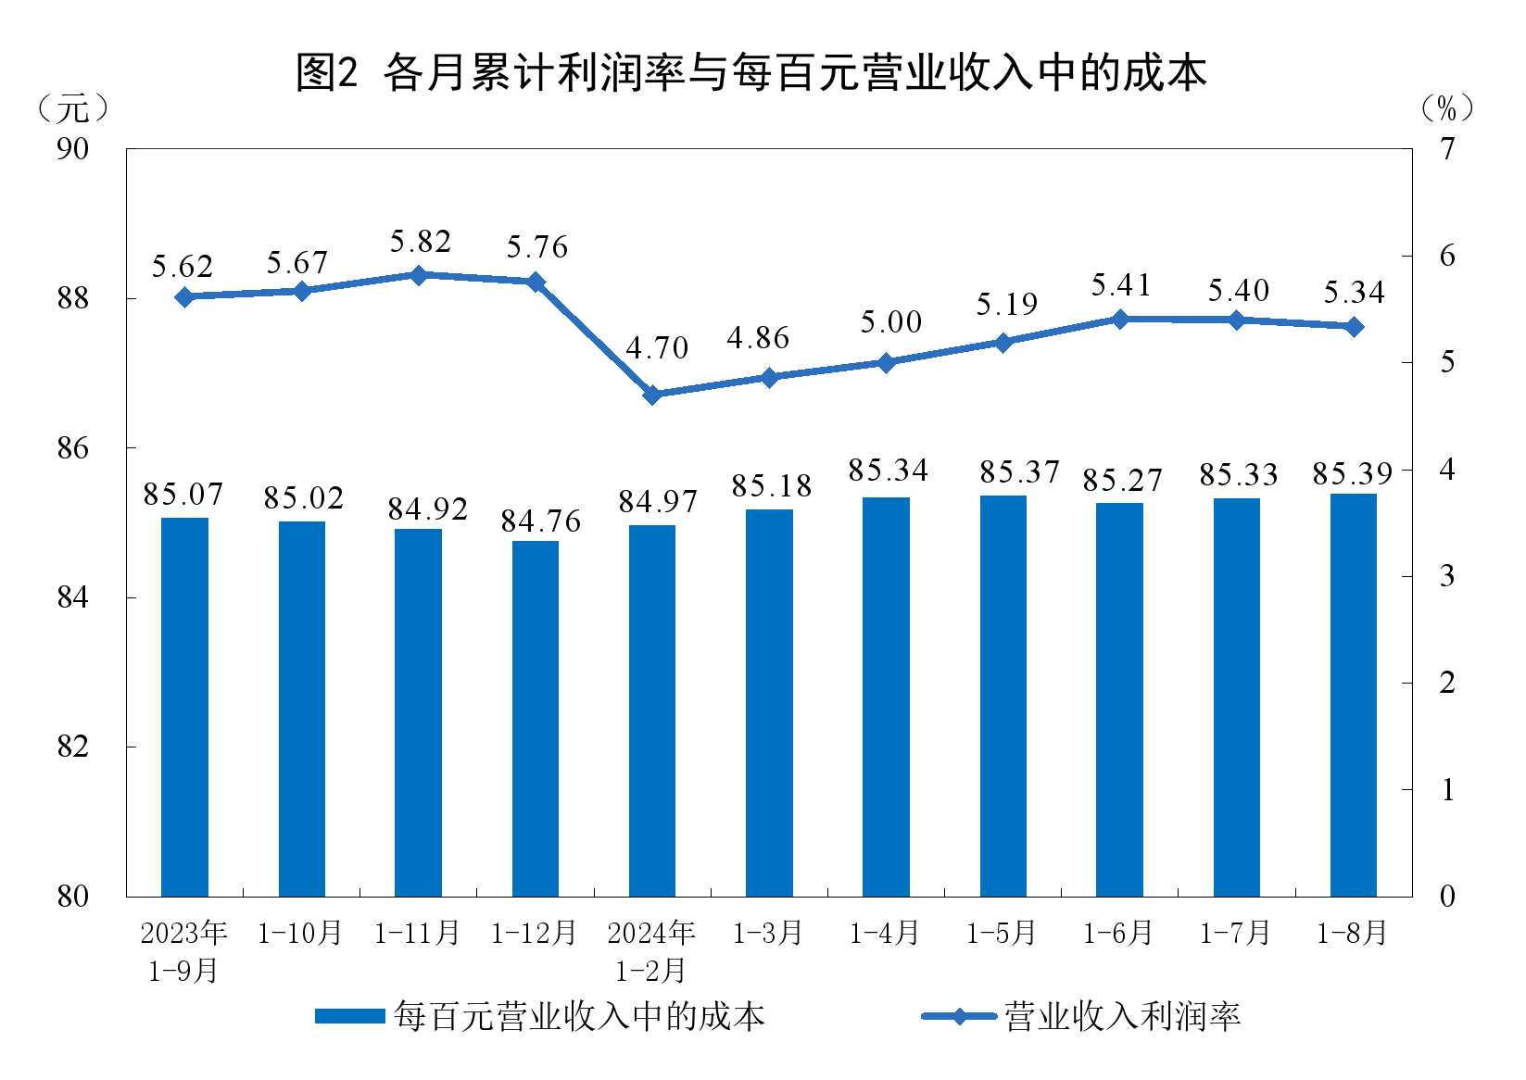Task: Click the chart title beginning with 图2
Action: click(x=750, y=72)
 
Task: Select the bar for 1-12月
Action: click(x=536, y=718)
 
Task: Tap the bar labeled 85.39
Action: click(x=1353, y=695)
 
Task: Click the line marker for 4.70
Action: click(x=652, y=395)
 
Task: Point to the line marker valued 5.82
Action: click(x=418, y=275)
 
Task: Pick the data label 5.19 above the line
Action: click(x=1007, y=305)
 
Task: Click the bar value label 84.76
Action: click(x=541, y=522)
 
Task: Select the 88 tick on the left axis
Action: click(x=73, y=298)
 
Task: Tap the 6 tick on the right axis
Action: click(x=1447, y=256)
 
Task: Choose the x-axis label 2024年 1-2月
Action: click(x=651, y=951)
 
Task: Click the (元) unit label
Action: click(x=73, y=109)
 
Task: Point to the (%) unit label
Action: click(x=1446, y=109)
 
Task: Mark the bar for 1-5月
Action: click(x=1003, y=696)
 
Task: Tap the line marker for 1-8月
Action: click(x=1354, y=327)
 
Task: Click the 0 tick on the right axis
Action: click(x=1447, y=897)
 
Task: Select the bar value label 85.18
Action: click(x=772, y=486)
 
